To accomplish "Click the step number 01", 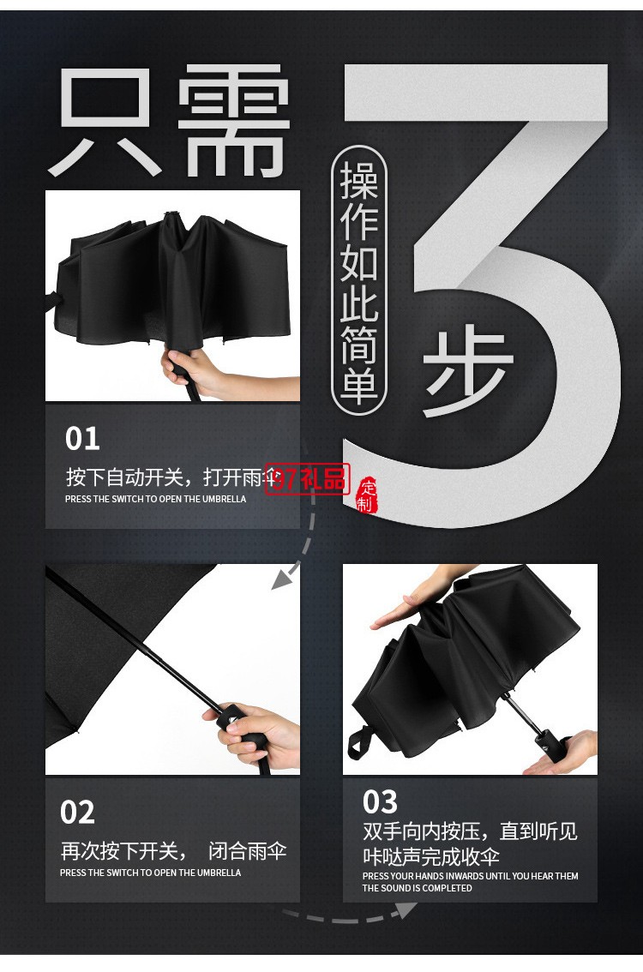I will coord(82,439).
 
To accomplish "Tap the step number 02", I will coord(77,812).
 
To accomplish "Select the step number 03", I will coord(380,802).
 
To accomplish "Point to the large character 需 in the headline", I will coord(235,124).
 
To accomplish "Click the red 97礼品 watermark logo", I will coord(308,478).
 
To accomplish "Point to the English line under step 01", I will coord(155,499).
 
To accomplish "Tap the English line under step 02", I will coord(151,873).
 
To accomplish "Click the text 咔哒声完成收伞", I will coord(431,856).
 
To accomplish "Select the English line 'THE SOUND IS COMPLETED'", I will coord(417,888).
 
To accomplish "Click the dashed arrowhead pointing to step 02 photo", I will coord(280,580).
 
